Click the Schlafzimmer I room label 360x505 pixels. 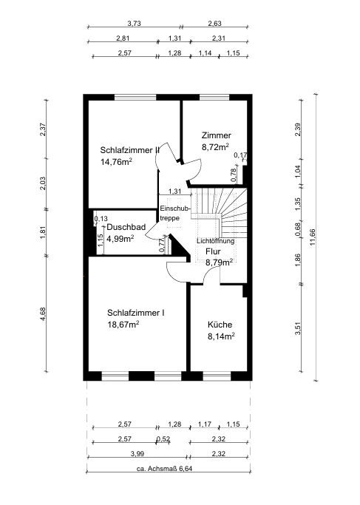click(136, 313)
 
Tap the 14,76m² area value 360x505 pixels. click(116, 162)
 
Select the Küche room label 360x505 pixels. click(220, 325)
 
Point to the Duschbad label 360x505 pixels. click(126, 227)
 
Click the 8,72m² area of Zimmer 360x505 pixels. click(215, 147)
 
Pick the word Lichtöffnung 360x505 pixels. click(215, 241)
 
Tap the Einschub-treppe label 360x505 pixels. click(175, 213)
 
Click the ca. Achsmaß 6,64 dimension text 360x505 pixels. click(165, 469)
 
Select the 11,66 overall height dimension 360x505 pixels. click(313, 237)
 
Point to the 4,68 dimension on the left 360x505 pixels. click(43, 314)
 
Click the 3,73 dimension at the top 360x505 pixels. click(135, 24)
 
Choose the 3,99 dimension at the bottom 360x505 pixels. click(137, 454)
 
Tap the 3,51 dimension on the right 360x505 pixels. click(298, 328)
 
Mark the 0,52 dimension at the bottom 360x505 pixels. click(163, 439)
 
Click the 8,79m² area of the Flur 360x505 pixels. click(220, 262)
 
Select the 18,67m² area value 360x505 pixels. click(123, 325)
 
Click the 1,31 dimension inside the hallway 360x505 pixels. click(175, 192)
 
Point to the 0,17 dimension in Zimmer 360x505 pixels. click(240, 155)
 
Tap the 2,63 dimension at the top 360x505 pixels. click(215, 24)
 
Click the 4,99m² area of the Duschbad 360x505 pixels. click(120, 239)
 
